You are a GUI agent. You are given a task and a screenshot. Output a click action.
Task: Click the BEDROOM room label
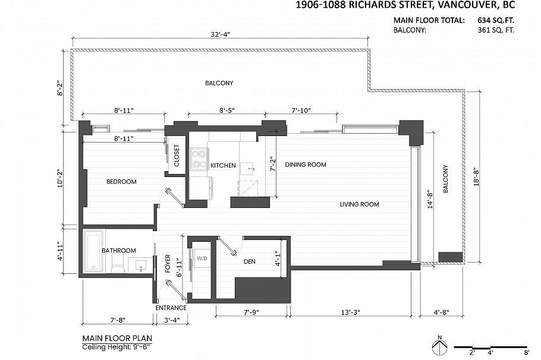click(x=121, y=182)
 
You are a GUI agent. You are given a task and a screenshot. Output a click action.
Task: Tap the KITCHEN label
click(x=223, y=165)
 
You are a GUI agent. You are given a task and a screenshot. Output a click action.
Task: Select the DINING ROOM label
click(x=305, y=165)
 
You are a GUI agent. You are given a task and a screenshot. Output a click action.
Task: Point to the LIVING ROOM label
click(x=359, y=204)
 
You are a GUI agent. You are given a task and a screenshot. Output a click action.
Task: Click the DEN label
click(x=250, y=261)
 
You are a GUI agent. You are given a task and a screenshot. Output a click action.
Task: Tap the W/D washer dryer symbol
click(x=202, y=258)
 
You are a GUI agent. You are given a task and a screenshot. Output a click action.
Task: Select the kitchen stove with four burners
click(x=197, y=158)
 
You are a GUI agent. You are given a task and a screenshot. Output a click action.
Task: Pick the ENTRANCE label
click(x=171, y=308)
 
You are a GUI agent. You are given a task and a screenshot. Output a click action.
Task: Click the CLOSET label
click(x=177, y=156)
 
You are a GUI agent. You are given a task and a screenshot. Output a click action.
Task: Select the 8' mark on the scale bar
click(x=526, y=353)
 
